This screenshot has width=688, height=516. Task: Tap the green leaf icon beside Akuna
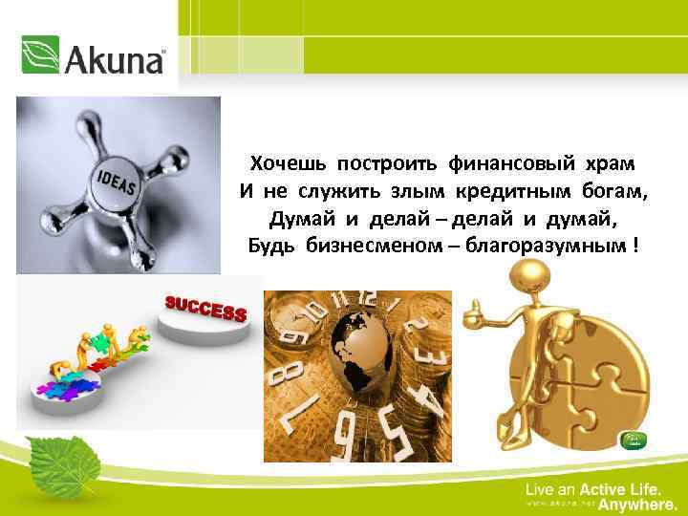[x=40, y=55]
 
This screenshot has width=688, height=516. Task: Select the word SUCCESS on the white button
[x=206, y=309]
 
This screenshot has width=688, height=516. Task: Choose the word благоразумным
[x=538, y=247]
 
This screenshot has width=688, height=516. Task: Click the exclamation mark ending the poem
[x=636, y=247]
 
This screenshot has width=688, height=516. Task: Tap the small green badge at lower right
[x=634, y=441]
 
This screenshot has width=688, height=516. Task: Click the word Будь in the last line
[x=274, y=247]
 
